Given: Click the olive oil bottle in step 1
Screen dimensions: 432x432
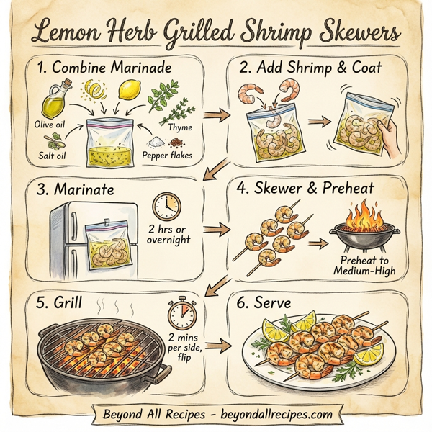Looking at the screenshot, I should coord(55,102).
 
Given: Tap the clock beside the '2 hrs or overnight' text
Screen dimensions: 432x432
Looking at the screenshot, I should coord(166,204).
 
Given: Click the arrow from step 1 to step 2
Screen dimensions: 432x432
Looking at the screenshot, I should coord(213,114).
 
